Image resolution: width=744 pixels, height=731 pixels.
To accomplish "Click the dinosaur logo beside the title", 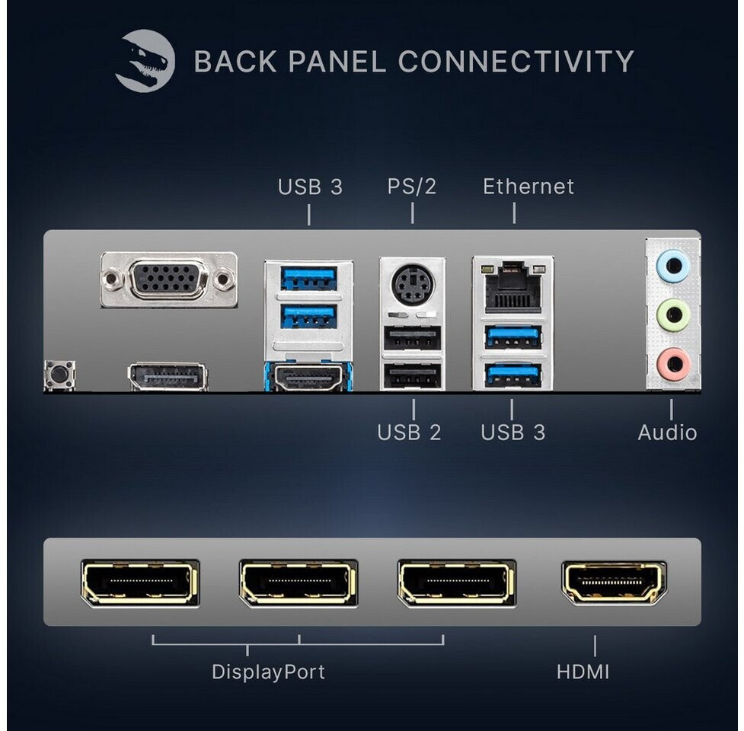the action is pos(145,60).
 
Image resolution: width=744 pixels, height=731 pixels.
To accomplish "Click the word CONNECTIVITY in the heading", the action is pos(516,61).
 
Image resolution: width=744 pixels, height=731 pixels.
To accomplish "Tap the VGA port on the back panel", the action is pos(168,280).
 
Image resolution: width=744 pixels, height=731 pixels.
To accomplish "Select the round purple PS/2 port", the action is pos(412,284).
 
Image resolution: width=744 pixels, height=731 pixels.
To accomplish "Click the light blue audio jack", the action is pos(672,266).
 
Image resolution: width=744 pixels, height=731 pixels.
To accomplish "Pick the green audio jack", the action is pos(673,314).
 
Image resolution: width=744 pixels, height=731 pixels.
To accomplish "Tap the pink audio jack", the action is pos(673,364).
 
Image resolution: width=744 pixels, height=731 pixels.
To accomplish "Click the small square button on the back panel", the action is pos(59,375).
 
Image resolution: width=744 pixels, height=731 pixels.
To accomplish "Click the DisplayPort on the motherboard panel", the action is pos(168,377).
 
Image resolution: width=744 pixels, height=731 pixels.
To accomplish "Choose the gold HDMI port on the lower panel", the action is pos(614,583).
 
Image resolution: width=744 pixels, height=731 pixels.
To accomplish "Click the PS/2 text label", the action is pos(411,187).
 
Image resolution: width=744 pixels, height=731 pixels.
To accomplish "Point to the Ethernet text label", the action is pos(528,187).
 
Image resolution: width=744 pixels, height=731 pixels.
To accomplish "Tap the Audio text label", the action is pos(667,433).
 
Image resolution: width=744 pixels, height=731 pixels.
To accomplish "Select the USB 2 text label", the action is pos(409,433).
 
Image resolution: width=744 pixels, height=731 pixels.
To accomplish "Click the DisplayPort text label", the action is pos(268,672).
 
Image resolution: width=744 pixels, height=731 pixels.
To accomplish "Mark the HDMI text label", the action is pos(583,672).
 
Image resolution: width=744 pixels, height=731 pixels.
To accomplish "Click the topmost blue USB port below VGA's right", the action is pos(309,279).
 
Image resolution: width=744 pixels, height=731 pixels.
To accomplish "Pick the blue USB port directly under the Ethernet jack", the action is pos(513,337).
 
